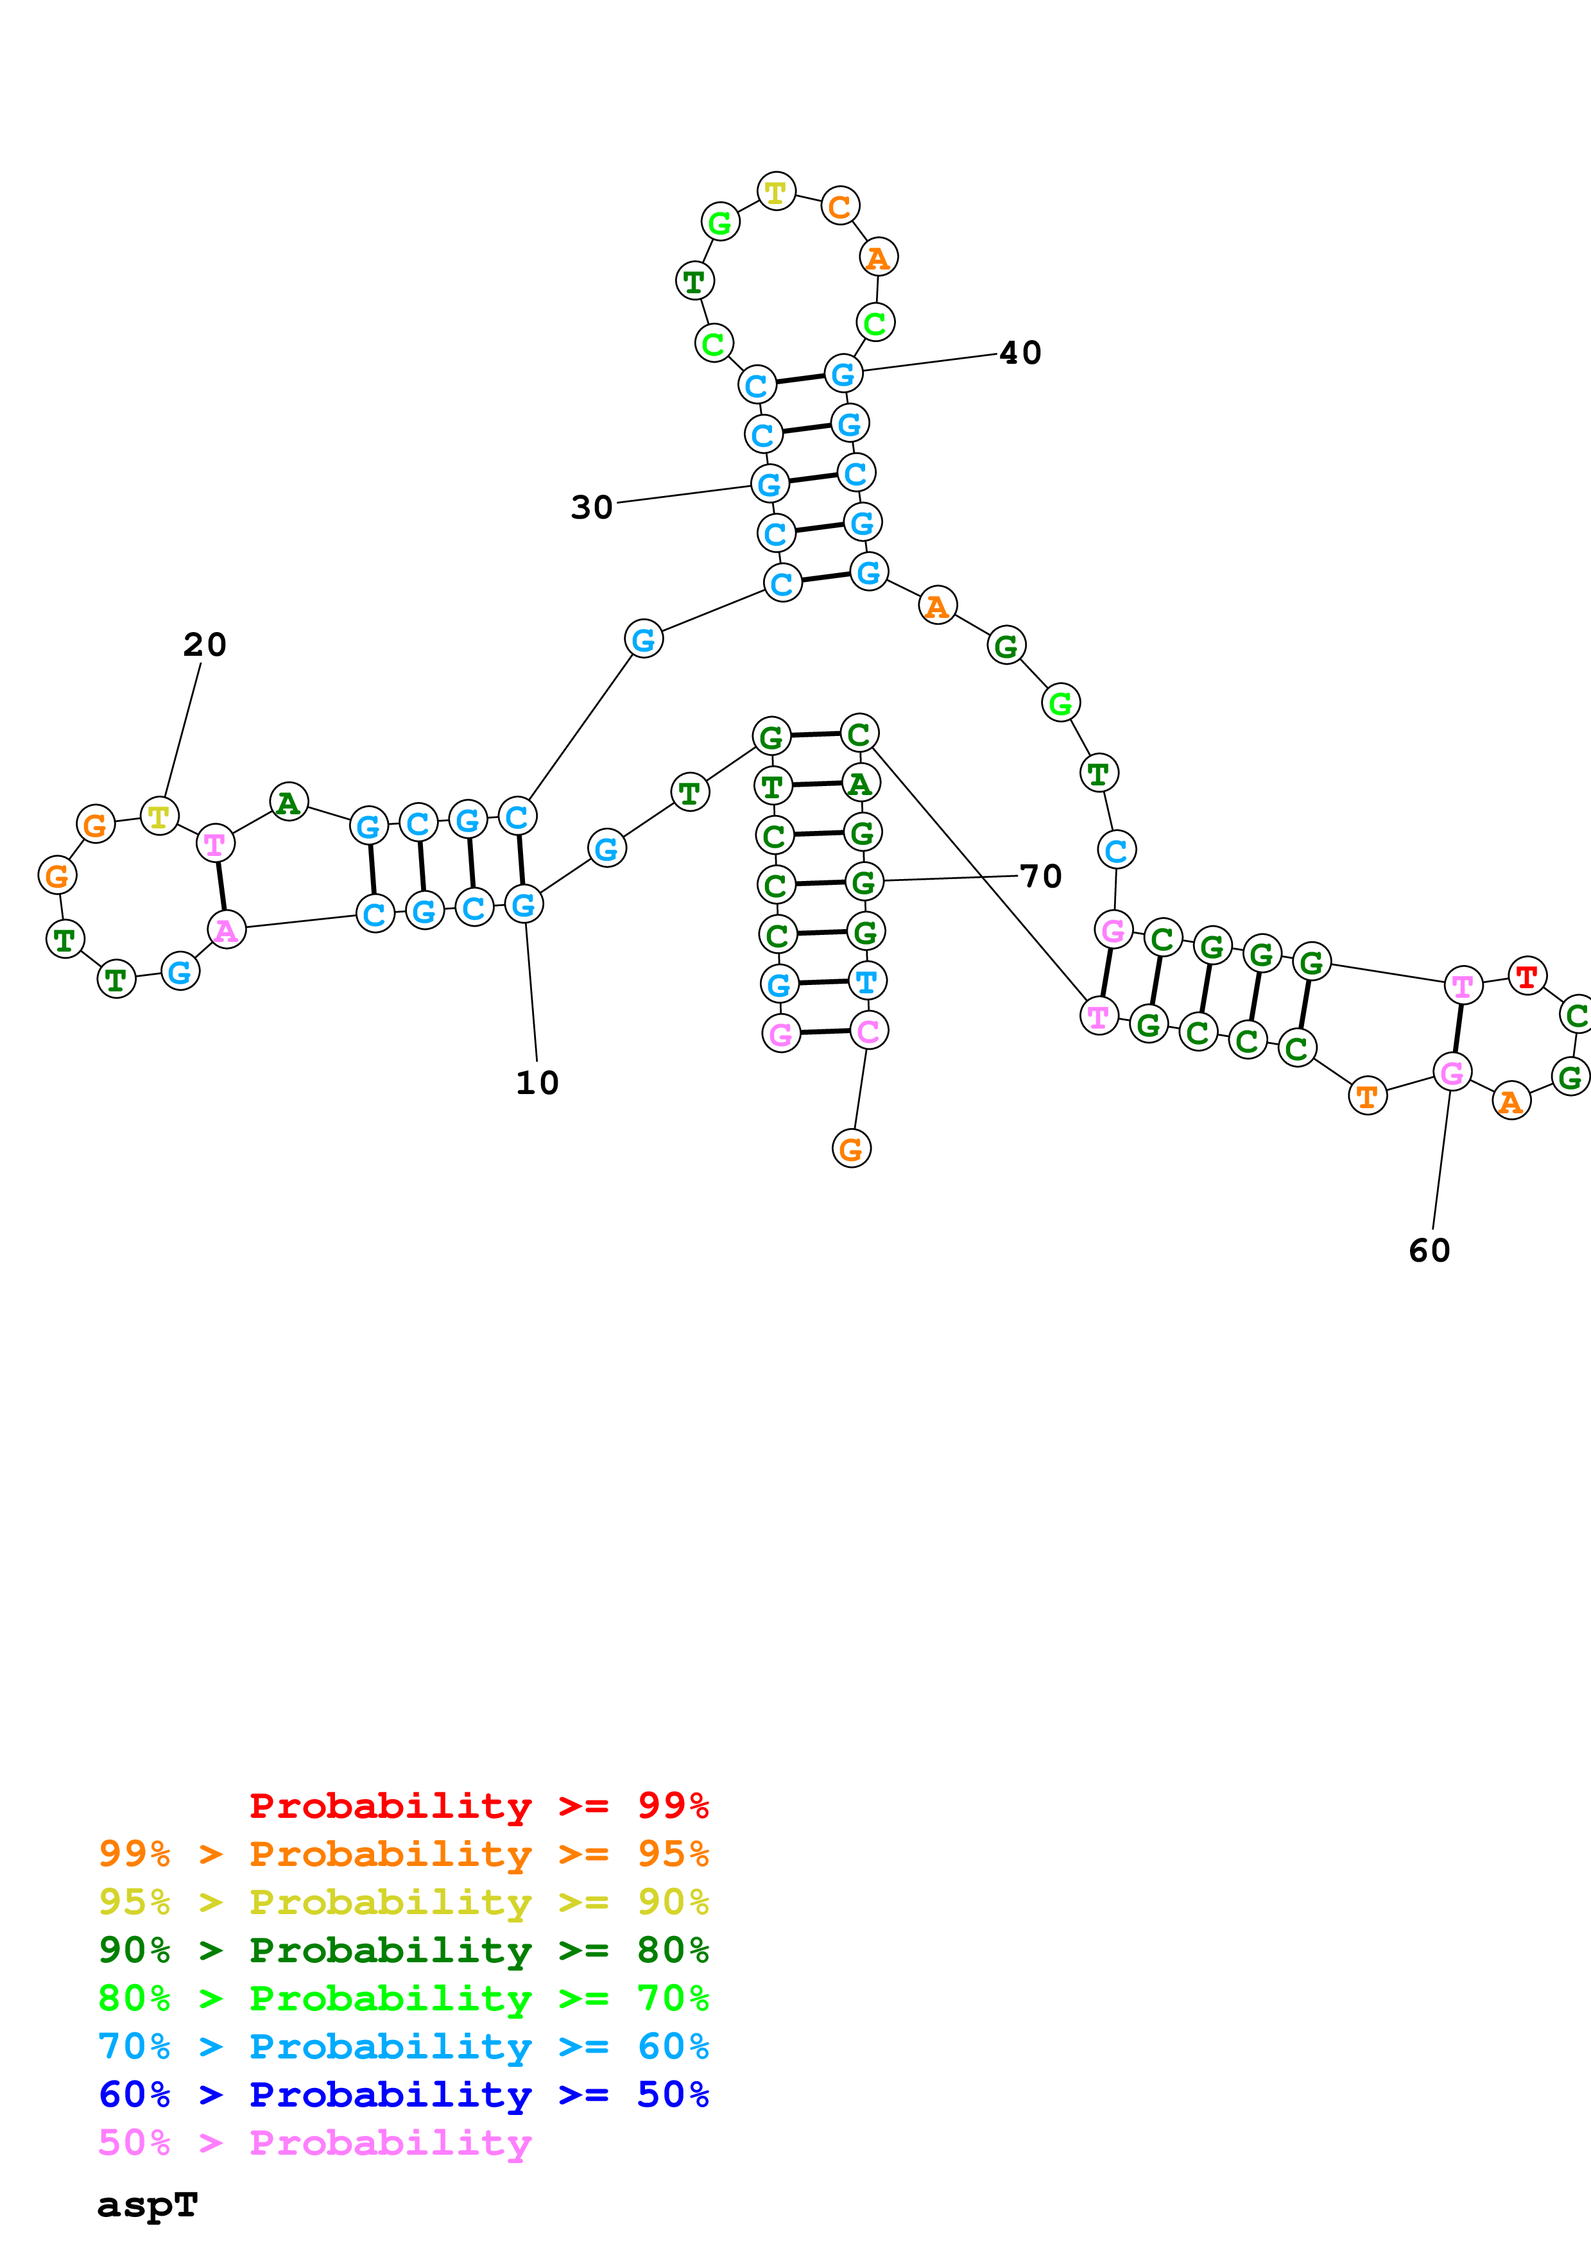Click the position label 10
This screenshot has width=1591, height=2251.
tap(537, 1083)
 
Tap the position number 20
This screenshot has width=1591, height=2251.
tap(205, 644)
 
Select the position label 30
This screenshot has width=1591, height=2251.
tap(592, 507)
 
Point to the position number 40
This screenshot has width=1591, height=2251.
tap(1020, 352)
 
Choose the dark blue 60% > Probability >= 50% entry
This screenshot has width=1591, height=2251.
tap(404, 2094)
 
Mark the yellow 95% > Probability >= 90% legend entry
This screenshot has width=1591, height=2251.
tap(404, 1902)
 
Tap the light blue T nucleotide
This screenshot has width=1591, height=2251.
tap(866, 980)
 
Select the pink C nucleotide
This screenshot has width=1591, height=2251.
tap(868, 1031)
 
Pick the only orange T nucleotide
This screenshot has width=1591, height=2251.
tap(1368, 1096)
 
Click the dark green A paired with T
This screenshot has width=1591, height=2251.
tap(861, 783)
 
